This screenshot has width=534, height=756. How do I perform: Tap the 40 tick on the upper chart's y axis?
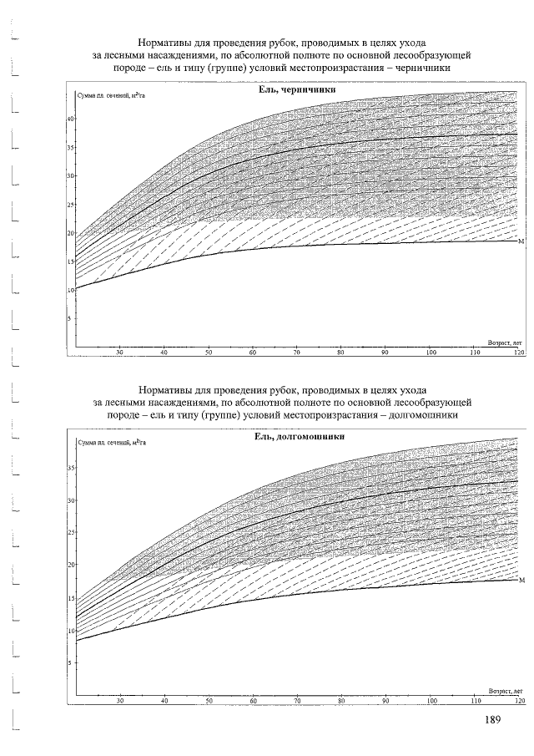[x=71, y=119]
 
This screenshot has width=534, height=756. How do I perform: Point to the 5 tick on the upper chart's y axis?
[x=73, y=318]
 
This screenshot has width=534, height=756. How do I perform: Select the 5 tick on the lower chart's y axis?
[x=73, y=662]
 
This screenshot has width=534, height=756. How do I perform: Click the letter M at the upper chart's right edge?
[x=521, y=241]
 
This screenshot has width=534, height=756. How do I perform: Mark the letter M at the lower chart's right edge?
[x=521, y=580]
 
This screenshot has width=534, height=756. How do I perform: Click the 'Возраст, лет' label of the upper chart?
[x=504, y=342]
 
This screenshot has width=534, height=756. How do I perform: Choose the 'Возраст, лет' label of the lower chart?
[x=504, y=691]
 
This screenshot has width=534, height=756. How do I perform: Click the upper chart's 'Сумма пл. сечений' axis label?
[x=109, y=98]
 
